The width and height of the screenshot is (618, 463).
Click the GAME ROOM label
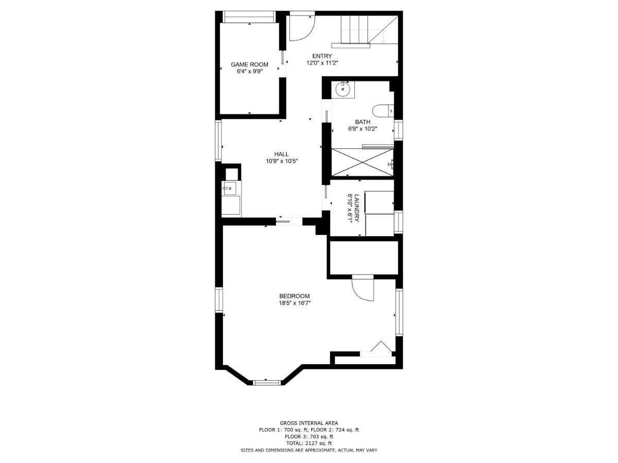pyautogui.click(x=249, y=64)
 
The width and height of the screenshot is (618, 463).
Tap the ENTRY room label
pyautogui.click(x=322, y=56)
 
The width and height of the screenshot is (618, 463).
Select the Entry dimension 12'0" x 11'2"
pyautogui.click(x=322, y=63)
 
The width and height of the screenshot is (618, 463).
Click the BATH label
pyautogui.click(x=363, y=122)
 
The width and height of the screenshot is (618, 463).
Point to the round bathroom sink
pyautogui.click(x=342, y=90)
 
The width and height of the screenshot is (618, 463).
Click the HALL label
pyautogui.click(x=281, y=154)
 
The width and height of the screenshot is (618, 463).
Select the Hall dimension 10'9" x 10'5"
pyautogui.click(x=282, y=161)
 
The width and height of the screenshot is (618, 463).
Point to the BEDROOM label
pyautogui.click(x=294, y=296)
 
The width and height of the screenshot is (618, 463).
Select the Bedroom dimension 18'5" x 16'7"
pyautogui.click(x=295, y=303)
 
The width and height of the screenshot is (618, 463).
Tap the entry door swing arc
pyautogui.click(x=301, y=29)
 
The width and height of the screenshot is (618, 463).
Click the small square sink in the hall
pyautogui.click(x=230, y=189)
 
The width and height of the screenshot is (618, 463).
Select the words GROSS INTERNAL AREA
pyautogui.click(x=309, y=422)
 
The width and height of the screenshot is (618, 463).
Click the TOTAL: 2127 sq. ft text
pyautogui.click(x=309, y=443)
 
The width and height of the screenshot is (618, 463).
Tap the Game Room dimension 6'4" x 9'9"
pyautogui.click(x=249, y=72)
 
